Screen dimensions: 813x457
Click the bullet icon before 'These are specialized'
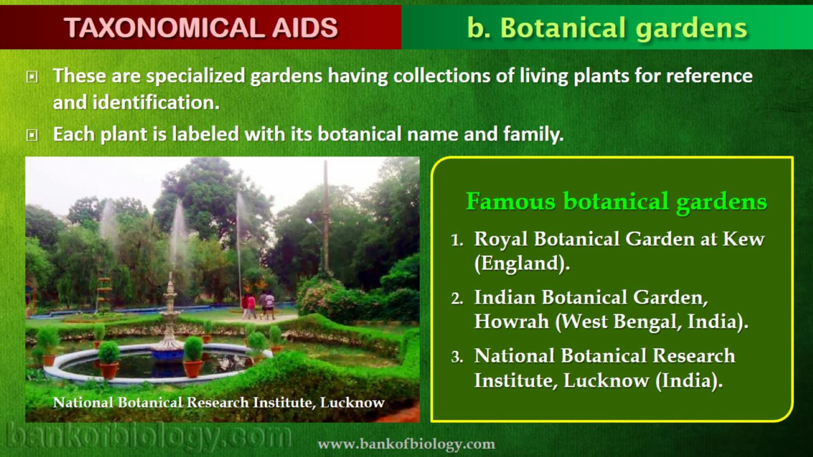[x=31, y=77]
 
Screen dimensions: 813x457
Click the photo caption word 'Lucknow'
[x=352, y=402]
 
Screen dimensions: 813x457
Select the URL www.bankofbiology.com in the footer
[x=406, y=444]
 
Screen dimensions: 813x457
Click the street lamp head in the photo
[x=309, y=221]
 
